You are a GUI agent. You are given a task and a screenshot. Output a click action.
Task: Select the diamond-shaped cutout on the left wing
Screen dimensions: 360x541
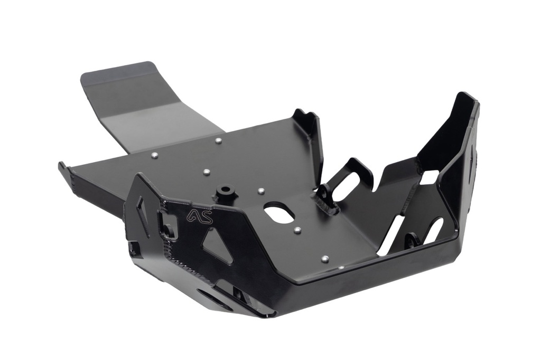click(x=143, y=210)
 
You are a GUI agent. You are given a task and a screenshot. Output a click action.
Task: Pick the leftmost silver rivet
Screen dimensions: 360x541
click(x=154, y=155)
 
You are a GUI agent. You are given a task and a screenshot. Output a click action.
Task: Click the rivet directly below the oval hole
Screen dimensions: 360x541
click(x=297, y=230)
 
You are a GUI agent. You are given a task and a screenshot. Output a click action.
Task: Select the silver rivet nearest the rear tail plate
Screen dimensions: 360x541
click(x=218, y=140)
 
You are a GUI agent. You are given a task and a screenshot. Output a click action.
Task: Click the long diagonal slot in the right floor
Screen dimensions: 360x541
click(x=391, y=234)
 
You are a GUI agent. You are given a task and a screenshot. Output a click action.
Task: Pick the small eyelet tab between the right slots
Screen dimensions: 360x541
click(x=411, y=241)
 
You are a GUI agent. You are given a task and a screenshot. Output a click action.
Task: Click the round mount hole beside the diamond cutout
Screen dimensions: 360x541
click(x=169, y=230)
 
